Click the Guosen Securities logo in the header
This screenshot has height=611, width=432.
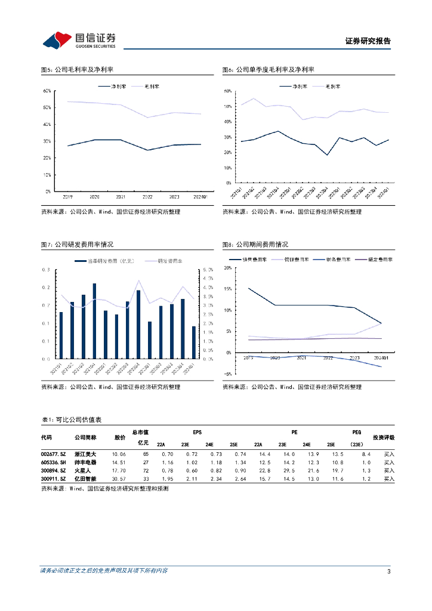point(79,40)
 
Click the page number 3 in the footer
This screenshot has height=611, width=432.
point(388,572)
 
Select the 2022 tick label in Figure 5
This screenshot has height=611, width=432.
point(147,196)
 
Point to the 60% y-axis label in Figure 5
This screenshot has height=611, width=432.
point(47,91)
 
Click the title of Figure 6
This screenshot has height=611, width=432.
point(268,70)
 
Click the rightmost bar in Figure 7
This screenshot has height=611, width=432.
point(193,342)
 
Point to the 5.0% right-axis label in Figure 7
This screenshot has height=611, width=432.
point(208,270)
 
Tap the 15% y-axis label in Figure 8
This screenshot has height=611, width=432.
point(227,289)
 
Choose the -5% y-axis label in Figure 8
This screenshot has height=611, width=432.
point(227,374)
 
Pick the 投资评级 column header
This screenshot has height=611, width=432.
point(383,437)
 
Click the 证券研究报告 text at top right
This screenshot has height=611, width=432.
point(368,41)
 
